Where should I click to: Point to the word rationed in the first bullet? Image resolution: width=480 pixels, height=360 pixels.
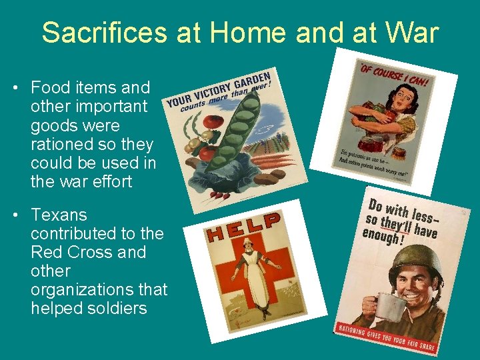click(60, 144)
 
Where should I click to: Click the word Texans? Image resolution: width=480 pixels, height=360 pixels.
click(59, 215)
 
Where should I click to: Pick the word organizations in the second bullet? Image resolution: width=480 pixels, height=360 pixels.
click(78, 290)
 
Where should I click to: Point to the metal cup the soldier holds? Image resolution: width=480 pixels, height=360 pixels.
click(391, 307)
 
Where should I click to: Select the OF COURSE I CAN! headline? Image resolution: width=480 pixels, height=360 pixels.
click(394, 76)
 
